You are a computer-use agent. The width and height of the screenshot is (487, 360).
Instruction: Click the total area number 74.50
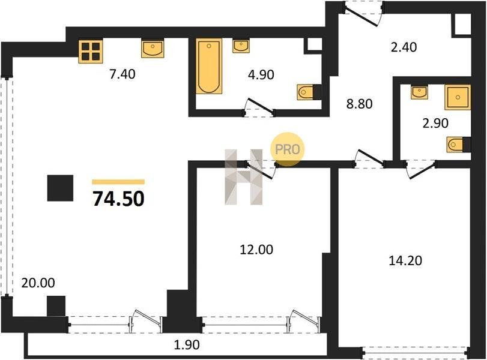point(119,199)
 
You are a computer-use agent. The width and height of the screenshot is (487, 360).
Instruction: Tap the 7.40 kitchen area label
point(123,74)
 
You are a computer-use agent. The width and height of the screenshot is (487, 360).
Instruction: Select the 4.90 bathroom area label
point(261,75)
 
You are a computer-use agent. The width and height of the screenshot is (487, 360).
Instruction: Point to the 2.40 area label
point(404,47)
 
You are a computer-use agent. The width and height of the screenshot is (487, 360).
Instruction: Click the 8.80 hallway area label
point(359,104)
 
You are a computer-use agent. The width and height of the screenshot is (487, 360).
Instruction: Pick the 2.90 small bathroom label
point(435,124)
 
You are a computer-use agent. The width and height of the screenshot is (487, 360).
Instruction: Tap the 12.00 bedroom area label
point(256,250)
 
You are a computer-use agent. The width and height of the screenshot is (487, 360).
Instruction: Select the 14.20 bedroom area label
point(405,260)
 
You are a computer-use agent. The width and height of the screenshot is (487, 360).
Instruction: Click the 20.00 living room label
point(38,283)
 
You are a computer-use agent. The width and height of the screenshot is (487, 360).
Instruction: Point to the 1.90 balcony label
point(186,345)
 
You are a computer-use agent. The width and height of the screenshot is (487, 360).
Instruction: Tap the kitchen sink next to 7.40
point(153,49)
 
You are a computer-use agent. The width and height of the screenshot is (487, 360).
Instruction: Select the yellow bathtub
point(209,66)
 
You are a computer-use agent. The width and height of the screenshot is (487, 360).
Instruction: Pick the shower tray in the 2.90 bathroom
point(458,97)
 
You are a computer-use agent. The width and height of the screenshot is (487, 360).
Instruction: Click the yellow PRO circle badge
point(287,149)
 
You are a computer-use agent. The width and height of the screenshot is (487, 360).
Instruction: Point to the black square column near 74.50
point(60,188)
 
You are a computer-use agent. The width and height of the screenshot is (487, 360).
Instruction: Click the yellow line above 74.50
point(118,182)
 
